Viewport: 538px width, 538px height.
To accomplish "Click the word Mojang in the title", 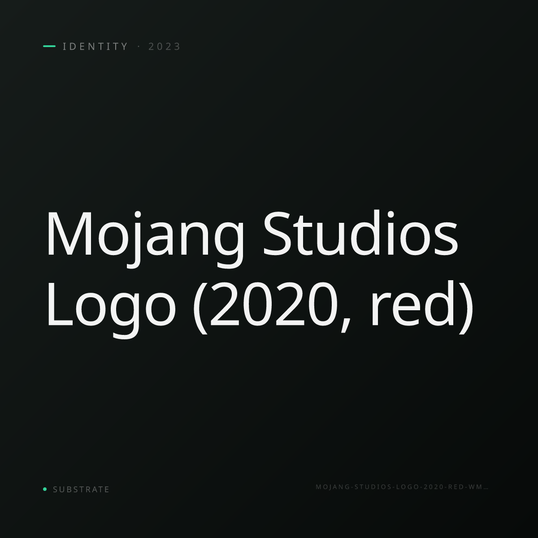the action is click(145, 239).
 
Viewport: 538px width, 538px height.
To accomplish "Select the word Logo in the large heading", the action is click(111, 310).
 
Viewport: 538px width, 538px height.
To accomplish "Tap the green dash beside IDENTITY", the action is click(49, 46).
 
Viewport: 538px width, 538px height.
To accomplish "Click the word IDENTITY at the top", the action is click(95, 46).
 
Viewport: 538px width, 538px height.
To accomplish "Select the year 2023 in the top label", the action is click(165, 46).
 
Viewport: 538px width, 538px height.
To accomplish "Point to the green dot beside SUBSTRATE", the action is click(45, 489).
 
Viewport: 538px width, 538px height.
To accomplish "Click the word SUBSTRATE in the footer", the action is click(81, 490).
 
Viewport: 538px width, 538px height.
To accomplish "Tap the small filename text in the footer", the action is click(402, 487).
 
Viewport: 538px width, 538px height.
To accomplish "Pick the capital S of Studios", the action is click(277, 234).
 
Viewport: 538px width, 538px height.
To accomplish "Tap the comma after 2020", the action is click(346, 325).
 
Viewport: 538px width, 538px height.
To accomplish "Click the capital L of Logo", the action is click(61, 304).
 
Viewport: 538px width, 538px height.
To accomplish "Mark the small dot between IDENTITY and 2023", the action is click(139, 47).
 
